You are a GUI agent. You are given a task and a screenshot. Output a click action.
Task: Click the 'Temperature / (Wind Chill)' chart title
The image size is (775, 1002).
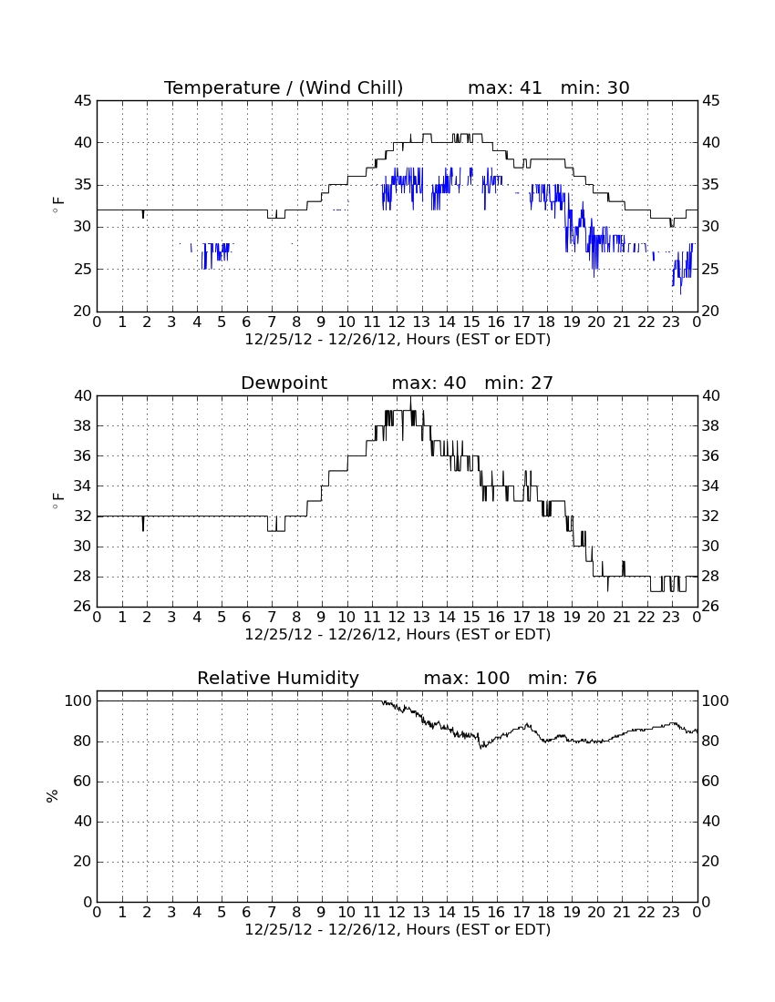pos(284,87)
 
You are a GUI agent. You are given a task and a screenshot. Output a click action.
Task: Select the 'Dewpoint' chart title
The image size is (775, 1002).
pos(284,383)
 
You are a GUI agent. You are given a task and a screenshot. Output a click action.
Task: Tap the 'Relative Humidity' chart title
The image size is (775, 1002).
pos(278,678)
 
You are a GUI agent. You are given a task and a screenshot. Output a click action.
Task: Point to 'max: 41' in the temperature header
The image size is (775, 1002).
pos(504,87)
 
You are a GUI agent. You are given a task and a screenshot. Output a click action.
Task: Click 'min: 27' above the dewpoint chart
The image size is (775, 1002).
pos(519,383)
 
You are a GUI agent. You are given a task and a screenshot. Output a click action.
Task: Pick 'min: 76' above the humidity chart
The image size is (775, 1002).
pos(562,678)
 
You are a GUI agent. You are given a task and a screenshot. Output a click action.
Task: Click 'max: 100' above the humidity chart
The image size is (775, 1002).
pos(467,678)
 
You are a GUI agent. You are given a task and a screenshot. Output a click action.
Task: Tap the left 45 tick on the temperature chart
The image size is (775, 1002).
pos(83,101)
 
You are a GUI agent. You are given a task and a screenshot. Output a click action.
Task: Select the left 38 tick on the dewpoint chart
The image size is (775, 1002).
pos(83,426)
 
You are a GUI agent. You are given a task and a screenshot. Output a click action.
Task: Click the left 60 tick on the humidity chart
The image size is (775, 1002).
pos(83,782)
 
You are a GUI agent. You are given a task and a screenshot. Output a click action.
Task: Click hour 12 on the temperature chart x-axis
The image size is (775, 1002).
pos(397,322)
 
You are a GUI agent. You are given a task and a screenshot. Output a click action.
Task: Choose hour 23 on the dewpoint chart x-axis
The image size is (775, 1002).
pos(671,618)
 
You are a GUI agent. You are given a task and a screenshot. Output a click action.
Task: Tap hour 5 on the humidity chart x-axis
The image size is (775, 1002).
pos(222,913)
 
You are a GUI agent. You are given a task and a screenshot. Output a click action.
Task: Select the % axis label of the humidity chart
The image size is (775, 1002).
pos(53,795)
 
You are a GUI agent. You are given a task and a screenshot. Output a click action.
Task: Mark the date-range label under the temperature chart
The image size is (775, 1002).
pos(398,340)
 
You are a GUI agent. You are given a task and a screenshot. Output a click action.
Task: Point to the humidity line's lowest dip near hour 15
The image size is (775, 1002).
pos(481,746)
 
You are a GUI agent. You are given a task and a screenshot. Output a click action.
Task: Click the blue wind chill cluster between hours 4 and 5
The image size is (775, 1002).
pos(215,254)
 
